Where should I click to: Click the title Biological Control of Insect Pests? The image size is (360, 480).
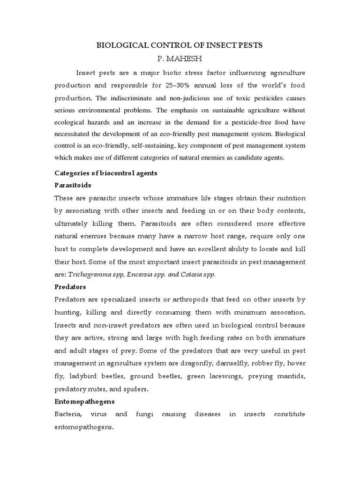(180, 45)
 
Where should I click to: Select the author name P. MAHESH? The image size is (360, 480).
(180, 59)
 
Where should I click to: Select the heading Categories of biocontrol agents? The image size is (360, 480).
(106, 173)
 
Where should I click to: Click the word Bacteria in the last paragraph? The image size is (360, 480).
(69, 414)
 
